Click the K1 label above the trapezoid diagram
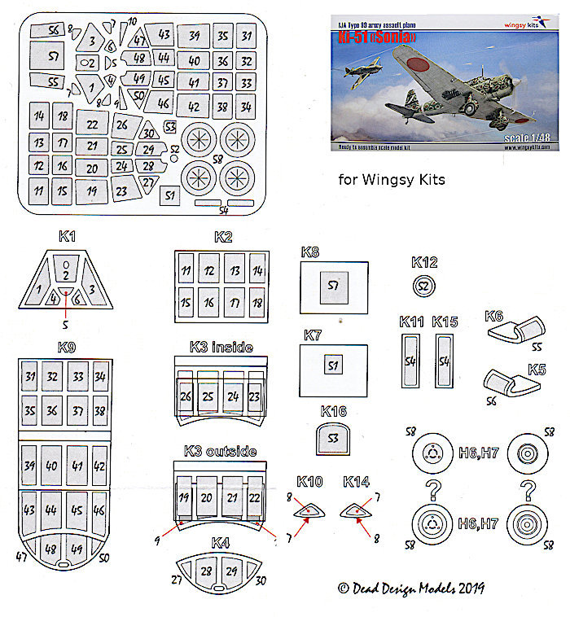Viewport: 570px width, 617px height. click(x=67, y=236)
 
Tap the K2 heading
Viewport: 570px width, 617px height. click(x=223, y=237)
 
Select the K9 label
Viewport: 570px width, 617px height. click(x=68, y=348)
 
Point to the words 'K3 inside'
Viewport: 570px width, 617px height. click(x=220, y=348)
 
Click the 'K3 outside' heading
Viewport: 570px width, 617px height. click(x=220, y=452)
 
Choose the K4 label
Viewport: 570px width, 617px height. click(x=220, y=542)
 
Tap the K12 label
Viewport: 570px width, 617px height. click(x=424, y=262)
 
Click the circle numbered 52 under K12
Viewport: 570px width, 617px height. click(x=423, y=286)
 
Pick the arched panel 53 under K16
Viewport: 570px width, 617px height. click(x=332, y=439)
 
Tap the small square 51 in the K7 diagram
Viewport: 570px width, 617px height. click(x=332, y=364)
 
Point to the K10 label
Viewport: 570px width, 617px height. click(x=310, y=483)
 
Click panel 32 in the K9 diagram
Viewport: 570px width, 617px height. click(x=52, y=376)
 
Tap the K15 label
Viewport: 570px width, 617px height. click(x=445, y=322)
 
